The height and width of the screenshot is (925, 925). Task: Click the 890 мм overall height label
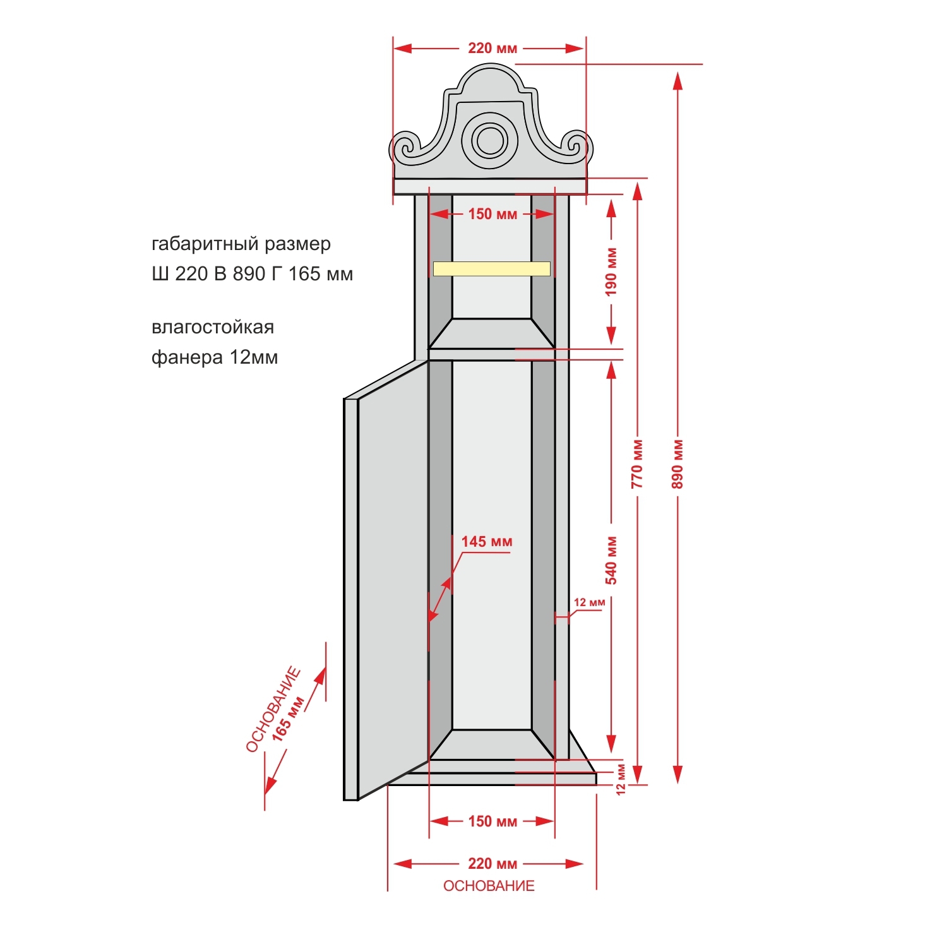(x=677, y=464)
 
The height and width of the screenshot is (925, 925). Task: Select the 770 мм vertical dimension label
(x=636, y=464)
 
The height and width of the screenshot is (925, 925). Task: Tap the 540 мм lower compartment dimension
(x=611, y=560)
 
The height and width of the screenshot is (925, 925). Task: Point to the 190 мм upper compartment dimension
(x=611, y=272)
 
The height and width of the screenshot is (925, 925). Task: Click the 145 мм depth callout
(x=486, y=542)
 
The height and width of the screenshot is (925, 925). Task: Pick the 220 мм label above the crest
(x=492, y=48)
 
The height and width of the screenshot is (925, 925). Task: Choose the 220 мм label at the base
(x=492, y=864)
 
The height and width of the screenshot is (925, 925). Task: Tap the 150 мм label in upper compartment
(x=492, y=213)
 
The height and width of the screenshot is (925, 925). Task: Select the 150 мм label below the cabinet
(x=492, y=821)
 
